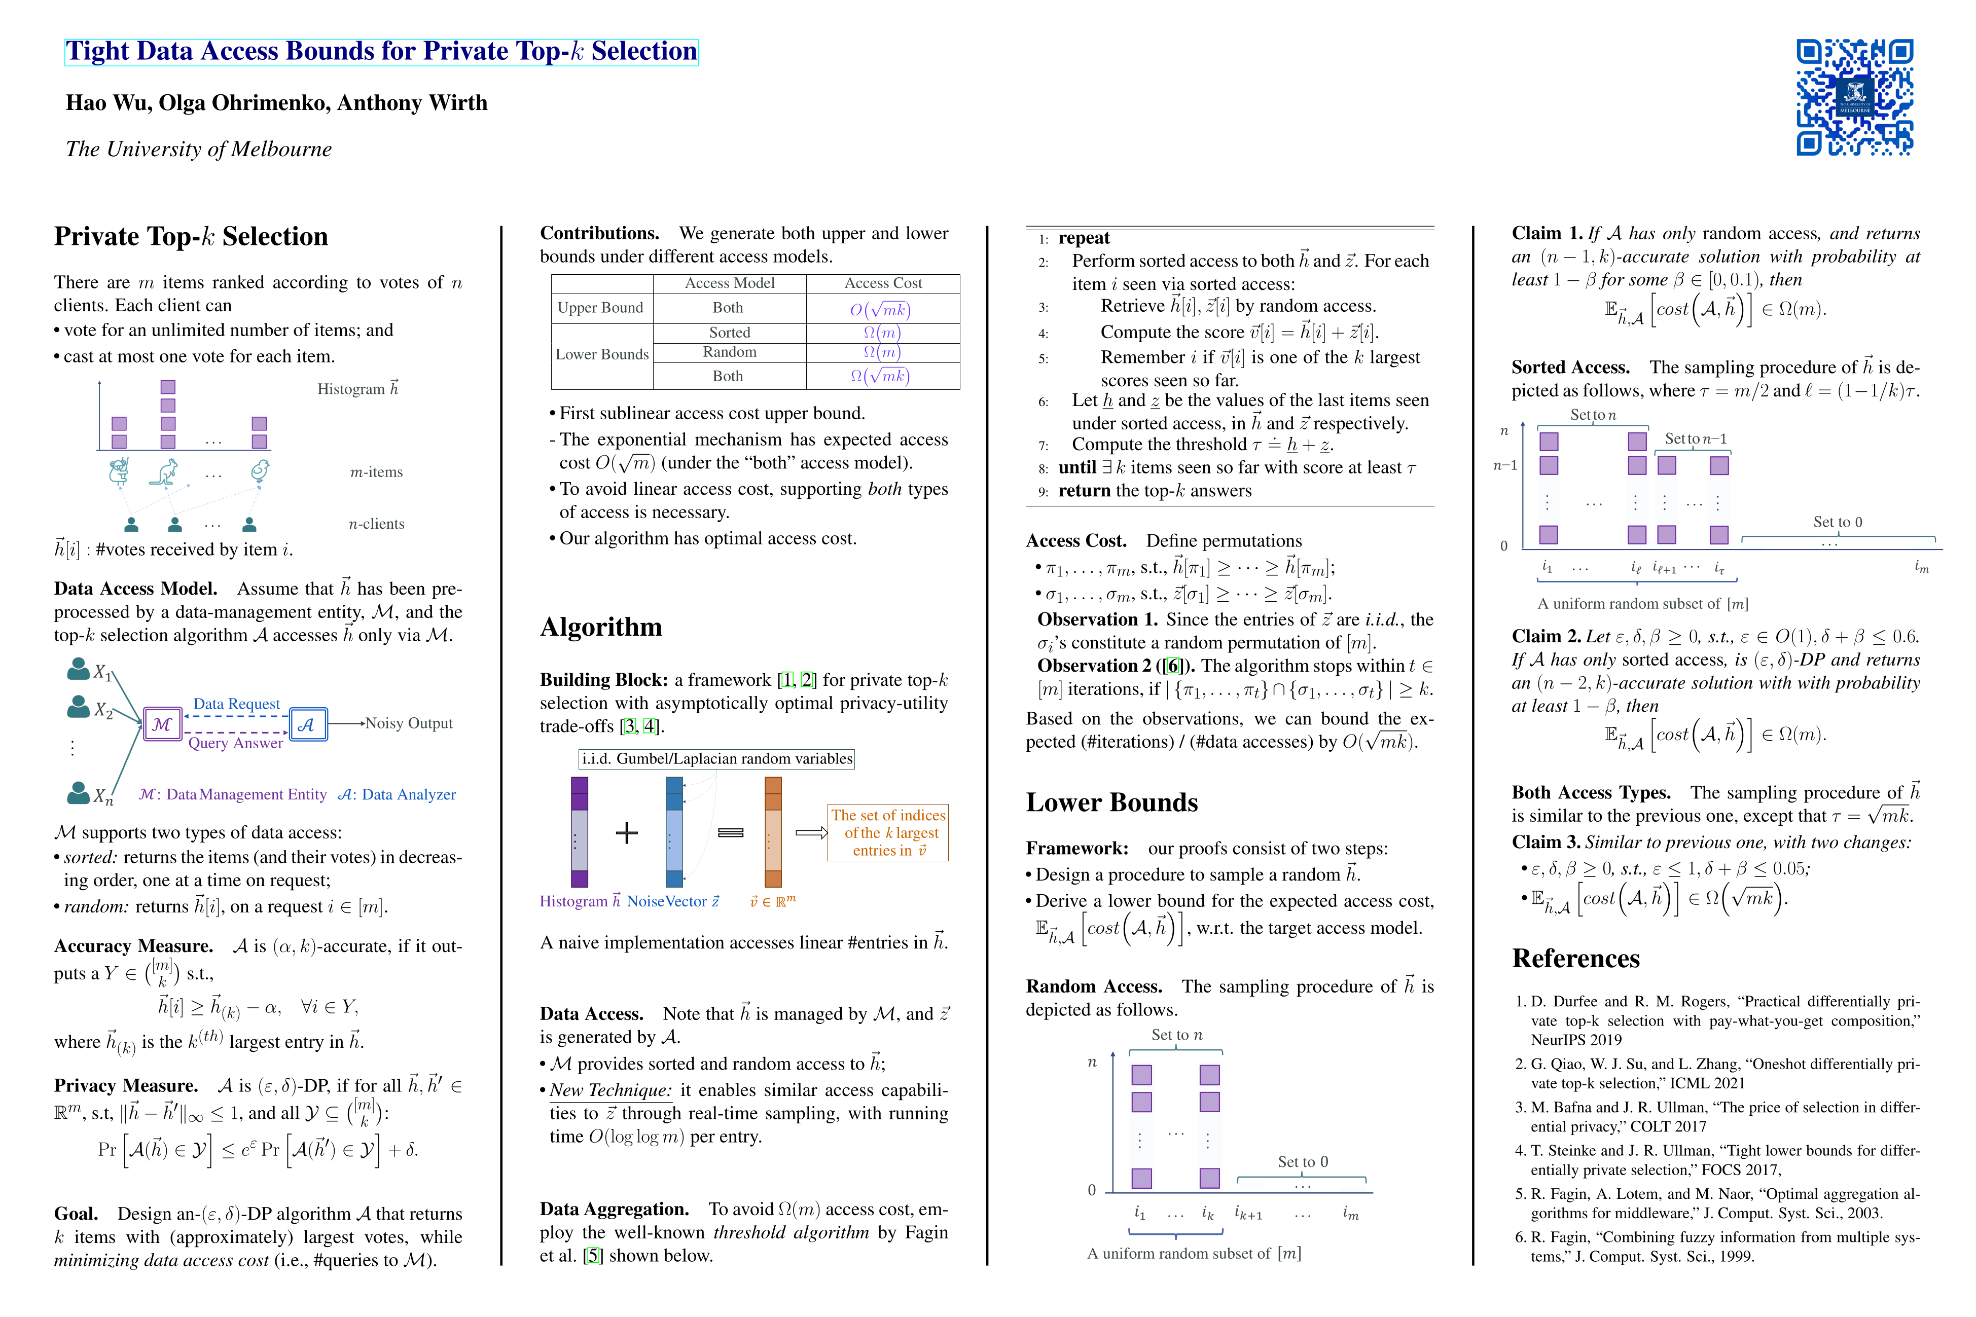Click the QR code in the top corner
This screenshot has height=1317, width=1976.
click(x=1854, y=97)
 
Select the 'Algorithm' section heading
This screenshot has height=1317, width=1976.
click(x=601, y=627)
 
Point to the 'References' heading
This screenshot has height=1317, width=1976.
click(x=1575, y=959)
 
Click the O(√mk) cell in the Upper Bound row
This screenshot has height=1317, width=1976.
click(x=880, y=309)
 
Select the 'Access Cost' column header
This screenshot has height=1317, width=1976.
click(x=882, y=283)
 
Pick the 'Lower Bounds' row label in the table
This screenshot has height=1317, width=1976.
click(x=601, y=354)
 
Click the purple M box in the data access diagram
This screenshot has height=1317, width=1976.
click(x=162, y=724)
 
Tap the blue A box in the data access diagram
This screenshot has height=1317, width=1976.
click(x=307, y=724)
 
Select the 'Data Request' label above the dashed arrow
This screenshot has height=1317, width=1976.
click(x=236, y=704)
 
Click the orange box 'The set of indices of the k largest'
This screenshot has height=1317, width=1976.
click(x=888, y=832)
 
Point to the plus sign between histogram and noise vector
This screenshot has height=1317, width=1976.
click(x=627, y=832)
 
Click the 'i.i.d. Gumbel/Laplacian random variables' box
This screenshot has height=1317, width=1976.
click(x=716, y=758)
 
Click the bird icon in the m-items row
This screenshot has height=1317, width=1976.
click(x=260, y=471)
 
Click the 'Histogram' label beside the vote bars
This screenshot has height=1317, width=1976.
click(x=357, y=389)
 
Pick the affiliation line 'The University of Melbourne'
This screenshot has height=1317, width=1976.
click(x=199, y=150)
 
